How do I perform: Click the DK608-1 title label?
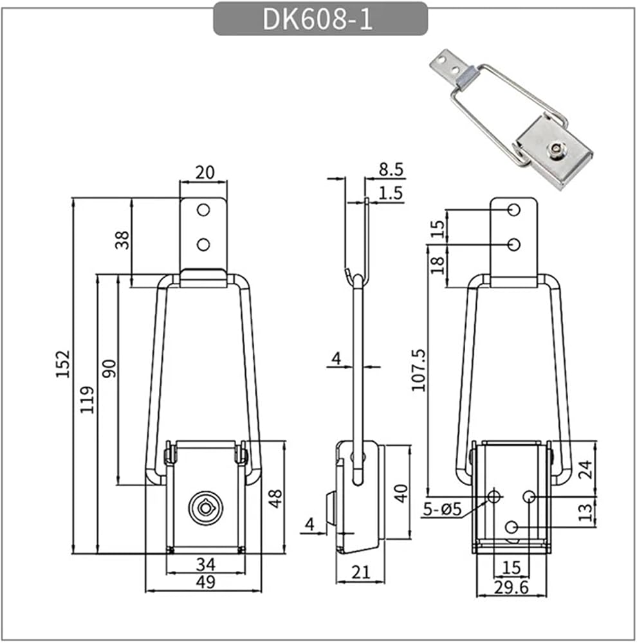(318, 19)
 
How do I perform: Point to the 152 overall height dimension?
(64, 364)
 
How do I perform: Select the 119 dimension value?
(88, 399)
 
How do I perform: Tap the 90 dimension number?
(110, 368)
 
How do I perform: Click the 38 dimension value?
(122, 240)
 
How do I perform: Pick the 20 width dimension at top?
(205, 172)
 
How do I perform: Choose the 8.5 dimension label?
(391, 169)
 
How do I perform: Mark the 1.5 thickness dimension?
(391, 193)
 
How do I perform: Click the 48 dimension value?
(275, 499)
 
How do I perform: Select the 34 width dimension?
(206, 565)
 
